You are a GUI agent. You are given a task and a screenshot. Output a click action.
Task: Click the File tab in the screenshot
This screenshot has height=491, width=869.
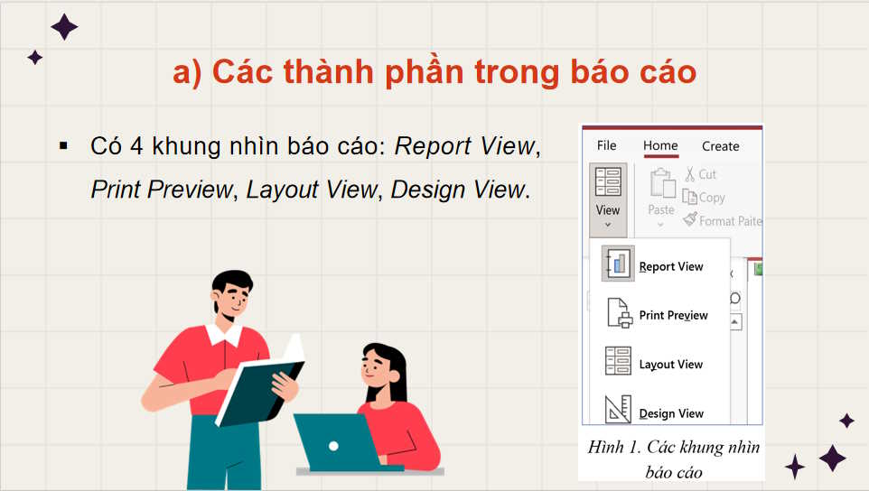pyautogui.click(x=607, y=145)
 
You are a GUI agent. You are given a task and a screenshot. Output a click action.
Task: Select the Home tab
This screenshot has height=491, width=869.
pyautogui.click(x=660, y=145)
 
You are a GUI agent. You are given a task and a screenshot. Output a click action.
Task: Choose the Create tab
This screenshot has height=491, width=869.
pyautogui.click(x=720, y=146)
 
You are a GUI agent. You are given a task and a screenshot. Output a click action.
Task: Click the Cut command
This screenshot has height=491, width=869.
pyautogui.click(x=700, y=174)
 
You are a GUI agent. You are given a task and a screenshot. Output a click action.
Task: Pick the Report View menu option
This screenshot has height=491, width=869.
pyautogui.click(x=670, y=266)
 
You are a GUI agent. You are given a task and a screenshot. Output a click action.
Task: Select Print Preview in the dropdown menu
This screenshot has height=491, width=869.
pyautogui.click(x=673, y=315)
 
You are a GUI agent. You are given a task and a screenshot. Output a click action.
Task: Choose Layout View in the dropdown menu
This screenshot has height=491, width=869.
pyautogui.click(x=670, y=365)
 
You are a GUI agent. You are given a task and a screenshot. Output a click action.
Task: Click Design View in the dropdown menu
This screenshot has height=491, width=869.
pyautogui.click(x=670, y=413)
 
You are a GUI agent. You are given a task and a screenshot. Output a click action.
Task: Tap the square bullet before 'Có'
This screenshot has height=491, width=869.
pyautogui.click(x=63, y=145)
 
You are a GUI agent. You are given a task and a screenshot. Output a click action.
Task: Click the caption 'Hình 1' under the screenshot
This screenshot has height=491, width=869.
pyautogui.click(x=612, y=448)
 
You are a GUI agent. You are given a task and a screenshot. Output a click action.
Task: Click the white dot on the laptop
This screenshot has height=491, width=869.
pyautogui.click(x=333, y=445)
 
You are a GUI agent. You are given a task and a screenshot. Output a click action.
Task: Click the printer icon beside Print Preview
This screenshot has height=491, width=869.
pyautogui.click(x=619, y=313)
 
